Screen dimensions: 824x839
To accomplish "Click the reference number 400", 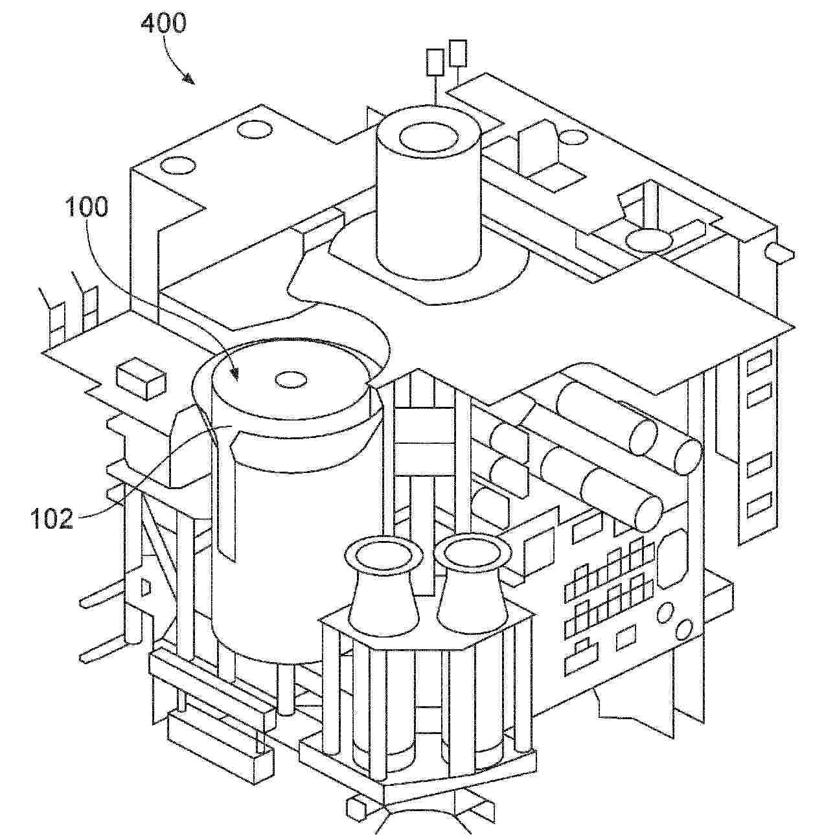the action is coord(163,23).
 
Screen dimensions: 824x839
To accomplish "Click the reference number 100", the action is coord(87,207).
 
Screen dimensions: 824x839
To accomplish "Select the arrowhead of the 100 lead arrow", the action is coord(235,373).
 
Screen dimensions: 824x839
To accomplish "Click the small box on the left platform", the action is coord(141,378).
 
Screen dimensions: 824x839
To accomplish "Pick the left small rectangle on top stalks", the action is coord(435,63).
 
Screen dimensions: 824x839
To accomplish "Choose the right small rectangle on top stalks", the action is coord(458,53).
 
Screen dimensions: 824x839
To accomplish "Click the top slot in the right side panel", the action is coord(759,363).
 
